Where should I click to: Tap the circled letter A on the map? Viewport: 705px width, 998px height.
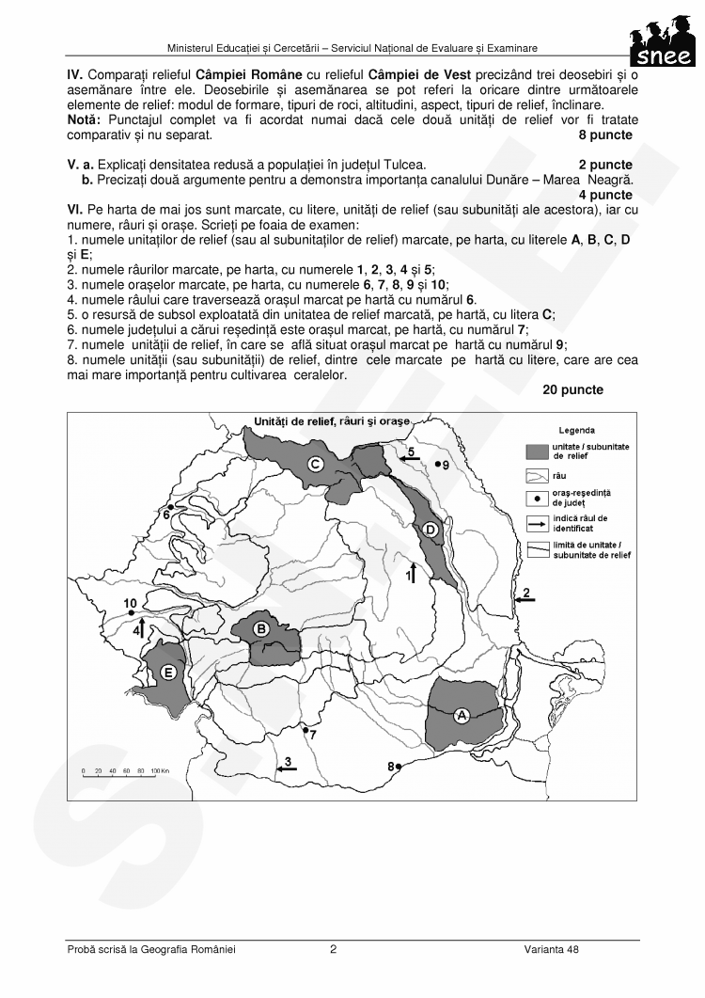(462, 716)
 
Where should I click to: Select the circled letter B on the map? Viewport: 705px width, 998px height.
(263, 628)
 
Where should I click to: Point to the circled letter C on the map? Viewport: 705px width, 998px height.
(316, 463)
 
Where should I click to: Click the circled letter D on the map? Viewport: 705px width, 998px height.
(431, 531)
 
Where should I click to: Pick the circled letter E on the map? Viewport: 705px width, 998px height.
(168, 672)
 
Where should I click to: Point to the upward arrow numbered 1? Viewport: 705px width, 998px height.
(412, 571)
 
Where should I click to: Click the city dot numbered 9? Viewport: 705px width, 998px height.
(437, 464)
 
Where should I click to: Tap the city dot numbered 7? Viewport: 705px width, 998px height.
(305, 729)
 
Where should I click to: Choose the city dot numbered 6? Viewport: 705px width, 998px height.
(169, 507)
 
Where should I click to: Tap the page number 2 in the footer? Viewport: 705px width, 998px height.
(333, 949)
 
